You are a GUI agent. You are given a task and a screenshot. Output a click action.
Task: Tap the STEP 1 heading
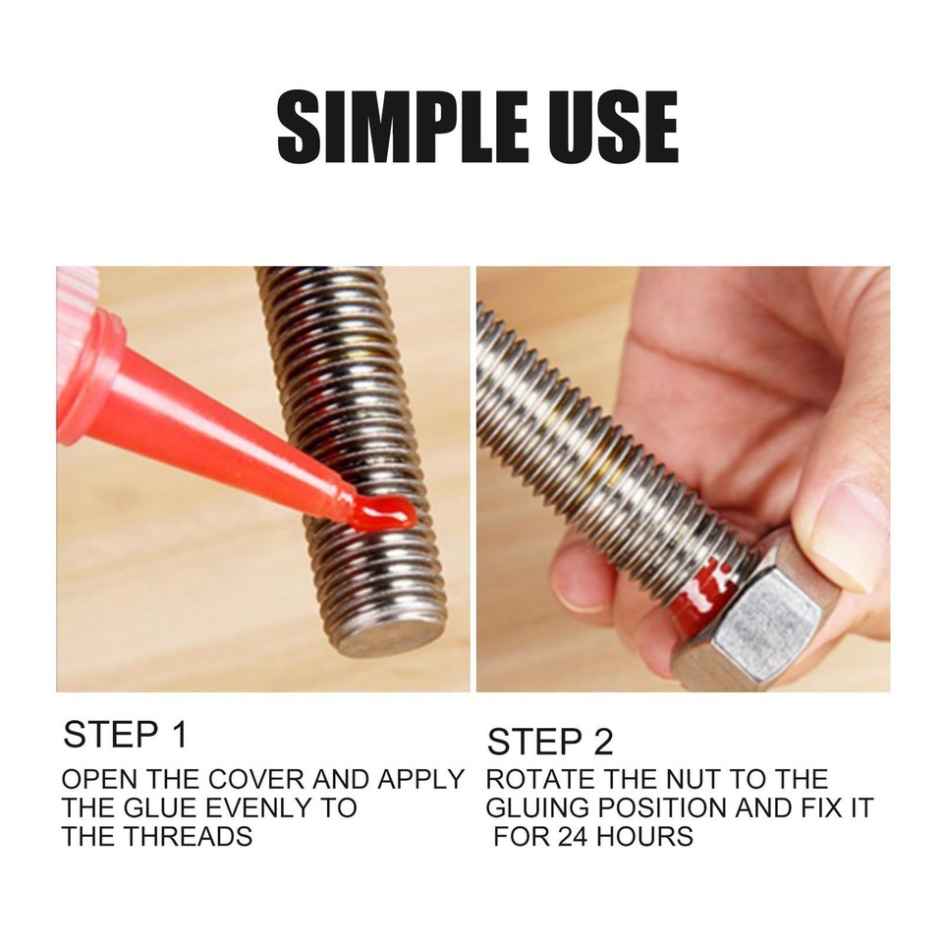tap(125, 735)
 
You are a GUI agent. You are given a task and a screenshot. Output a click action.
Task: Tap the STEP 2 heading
tap(550, 742)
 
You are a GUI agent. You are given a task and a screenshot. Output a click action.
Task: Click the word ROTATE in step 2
tap(539, 781)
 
